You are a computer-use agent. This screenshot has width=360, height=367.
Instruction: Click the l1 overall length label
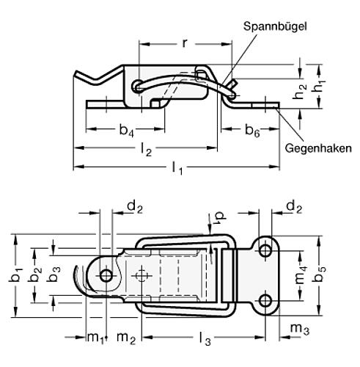177,170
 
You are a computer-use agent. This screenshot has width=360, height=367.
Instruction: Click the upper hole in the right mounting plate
265,252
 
